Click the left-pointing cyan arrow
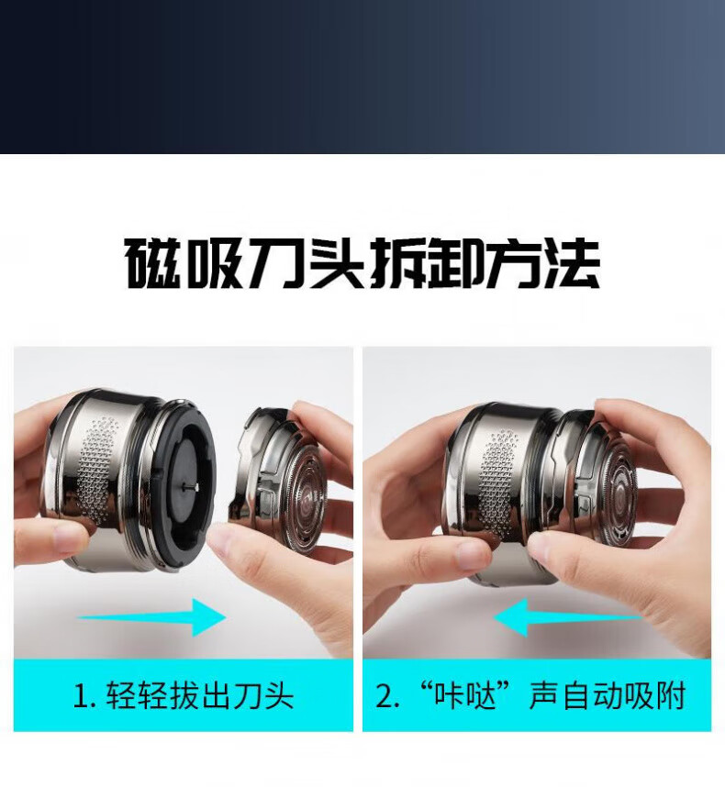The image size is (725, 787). click(567, 617)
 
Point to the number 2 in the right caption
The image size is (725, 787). click(385, 696)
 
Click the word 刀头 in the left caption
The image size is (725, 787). click(262, 695)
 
